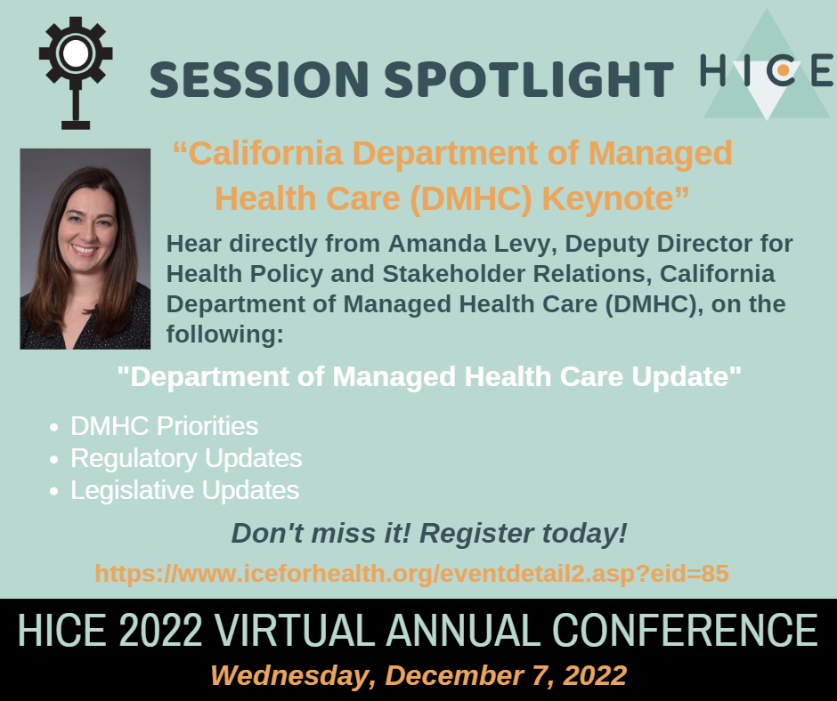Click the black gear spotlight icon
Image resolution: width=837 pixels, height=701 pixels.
pyautogui.click(x=76, y=73)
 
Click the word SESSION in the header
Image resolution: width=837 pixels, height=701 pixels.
pyautogui.click(x=259, y=79)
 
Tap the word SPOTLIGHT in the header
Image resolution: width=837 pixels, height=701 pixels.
pyautogui.click(x=529, y=79)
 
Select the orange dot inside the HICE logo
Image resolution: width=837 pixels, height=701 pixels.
pyautogui.click(x=783, y=70)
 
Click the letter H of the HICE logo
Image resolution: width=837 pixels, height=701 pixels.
pyautogui.click(x=712, y=70)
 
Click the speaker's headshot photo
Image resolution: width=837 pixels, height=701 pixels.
pyautogui.click(x=85, y=248)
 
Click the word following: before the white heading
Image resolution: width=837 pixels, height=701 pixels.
pyautogui.click(x=224, y=335)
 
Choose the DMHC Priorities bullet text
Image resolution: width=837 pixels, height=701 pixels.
pyautogui.click(x=165, y=426)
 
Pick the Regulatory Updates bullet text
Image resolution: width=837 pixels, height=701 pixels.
pyautogui.click(x=186, y=459)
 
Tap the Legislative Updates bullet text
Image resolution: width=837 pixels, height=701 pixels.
pyautogui.click(x=184, y=491)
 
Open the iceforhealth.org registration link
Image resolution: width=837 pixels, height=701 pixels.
pyautogui.click(x=412, y=574)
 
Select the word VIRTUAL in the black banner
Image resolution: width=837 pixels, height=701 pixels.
pyautogui.click(x=296, y=630)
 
